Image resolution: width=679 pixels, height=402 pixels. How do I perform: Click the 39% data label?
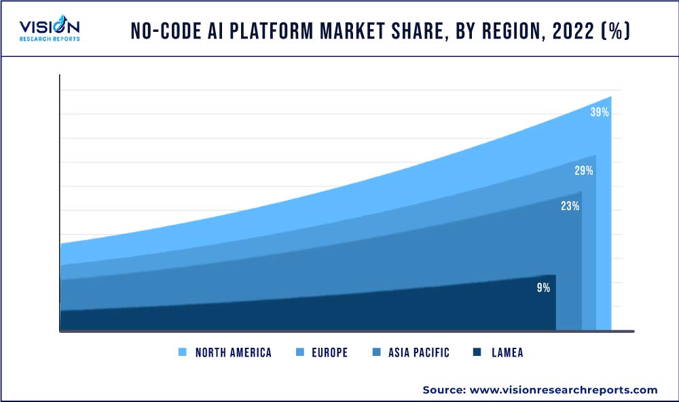(x=600, y=113)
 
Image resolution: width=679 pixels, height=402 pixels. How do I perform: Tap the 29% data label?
(x=584, y=171)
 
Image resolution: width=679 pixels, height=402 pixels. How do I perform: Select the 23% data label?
(x=570, y=206)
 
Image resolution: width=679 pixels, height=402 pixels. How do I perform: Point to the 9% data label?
(x=543, y=287)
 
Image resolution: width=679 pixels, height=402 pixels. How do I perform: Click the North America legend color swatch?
(x=182, y=353)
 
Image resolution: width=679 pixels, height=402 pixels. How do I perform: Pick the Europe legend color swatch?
(x=301, y=353)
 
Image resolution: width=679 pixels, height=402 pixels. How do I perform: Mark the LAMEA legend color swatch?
(x=477, y=353)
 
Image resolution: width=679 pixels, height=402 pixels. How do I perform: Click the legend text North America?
(x=233, y=353)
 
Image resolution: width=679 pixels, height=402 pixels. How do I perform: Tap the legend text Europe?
(x=331, y=353)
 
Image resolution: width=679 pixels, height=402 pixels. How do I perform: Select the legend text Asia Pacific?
(x=418, y=353)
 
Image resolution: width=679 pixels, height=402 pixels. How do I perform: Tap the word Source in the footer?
(x=442, y=390)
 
